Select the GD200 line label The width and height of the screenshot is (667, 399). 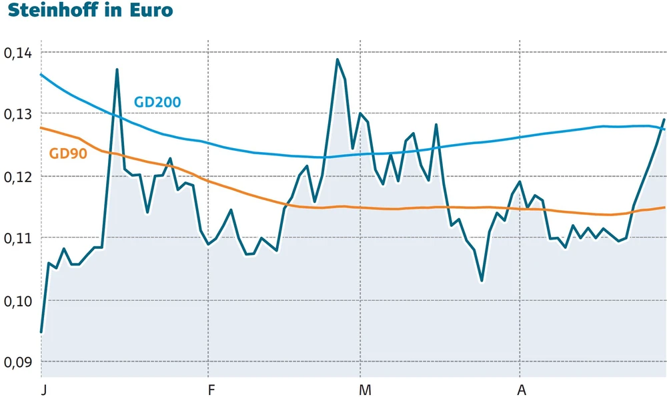pyautogui.click(x=157, y=103)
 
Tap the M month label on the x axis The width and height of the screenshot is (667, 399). pyautogui.click(x=364, y=389)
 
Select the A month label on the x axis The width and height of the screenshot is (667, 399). pyautogui.click(x=521, y=389)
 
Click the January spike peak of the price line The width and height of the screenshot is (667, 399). pyautogui.click(x=117, y=69)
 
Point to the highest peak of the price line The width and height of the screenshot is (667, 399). pyautogui.click(x=338, y=59)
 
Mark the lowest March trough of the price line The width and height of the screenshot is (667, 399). pyautogui.click(x=482, y=281)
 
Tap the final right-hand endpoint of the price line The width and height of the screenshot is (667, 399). pyautogui.click(x=664, y=120)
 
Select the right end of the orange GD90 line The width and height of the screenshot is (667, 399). pyautogui.click(x=664, y=208)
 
